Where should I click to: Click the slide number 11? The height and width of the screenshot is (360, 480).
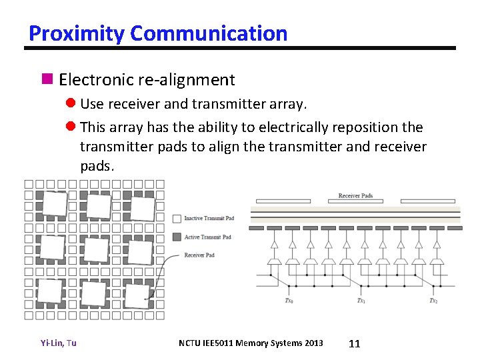tap(355, 343)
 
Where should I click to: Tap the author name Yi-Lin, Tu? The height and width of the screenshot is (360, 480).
tap(58, 343)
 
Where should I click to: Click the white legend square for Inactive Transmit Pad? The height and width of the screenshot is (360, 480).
tap(177, 219)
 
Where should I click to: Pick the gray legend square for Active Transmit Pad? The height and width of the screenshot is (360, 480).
tap(177, 237)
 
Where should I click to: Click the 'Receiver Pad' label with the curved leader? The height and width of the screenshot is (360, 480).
tap(199, 255)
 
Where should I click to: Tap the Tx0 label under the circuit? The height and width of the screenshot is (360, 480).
tap(289, 301)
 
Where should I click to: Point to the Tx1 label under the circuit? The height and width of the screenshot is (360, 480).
tap(361, 301)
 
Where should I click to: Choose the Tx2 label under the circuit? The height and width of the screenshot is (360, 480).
tap(433, 301)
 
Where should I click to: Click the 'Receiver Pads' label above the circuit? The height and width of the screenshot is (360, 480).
tap(355, 195)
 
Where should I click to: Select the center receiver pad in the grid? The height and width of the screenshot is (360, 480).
tap(97, 250)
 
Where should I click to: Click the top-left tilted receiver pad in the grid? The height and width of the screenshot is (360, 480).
tap(55, 203)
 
